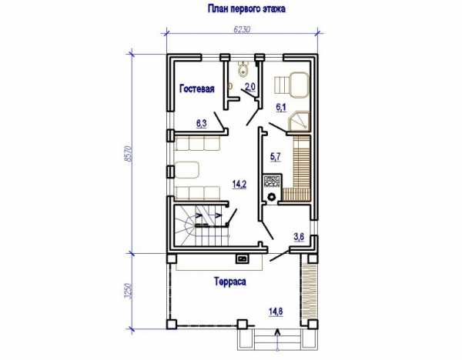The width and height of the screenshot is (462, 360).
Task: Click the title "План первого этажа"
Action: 246,8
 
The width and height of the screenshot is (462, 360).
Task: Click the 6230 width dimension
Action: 242,29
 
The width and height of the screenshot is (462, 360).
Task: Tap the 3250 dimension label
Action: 128,292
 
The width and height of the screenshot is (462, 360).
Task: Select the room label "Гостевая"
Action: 197,88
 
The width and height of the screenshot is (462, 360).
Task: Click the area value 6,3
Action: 202,123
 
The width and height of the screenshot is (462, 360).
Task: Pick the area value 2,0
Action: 250,87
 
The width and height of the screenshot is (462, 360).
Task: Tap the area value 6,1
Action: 281,108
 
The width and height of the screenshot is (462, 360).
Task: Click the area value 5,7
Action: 276,157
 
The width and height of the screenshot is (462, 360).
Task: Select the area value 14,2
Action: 239,185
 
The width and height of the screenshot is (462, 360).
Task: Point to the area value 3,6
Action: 299,237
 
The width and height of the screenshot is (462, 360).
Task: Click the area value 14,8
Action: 276,312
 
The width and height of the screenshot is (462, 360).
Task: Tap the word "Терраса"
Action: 230,282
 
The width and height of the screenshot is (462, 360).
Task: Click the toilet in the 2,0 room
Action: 243,69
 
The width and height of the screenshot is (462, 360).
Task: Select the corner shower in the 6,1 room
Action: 299,121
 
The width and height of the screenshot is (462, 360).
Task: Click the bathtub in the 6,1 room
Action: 299,85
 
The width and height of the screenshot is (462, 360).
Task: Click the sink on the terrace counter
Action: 243,258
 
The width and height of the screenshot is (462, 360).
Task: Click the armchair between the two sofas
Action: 187,170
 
